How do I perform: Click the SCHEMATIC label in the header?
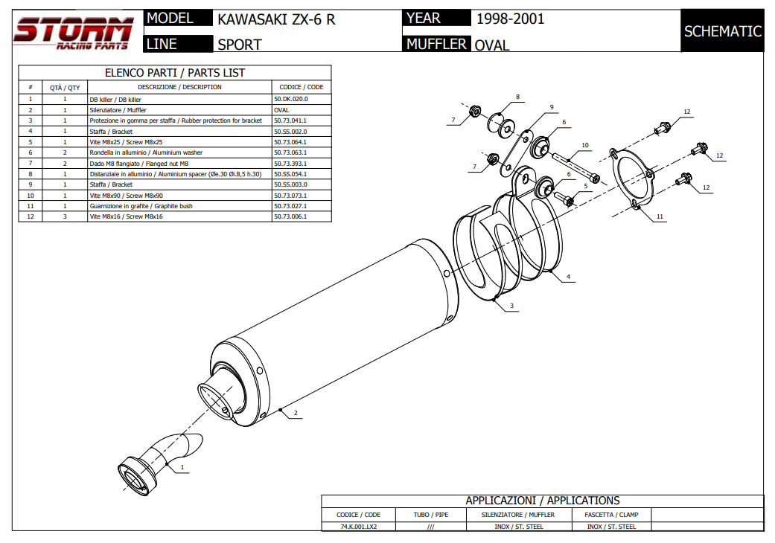[722, 31]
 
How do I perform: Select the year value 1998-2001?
[510, 19]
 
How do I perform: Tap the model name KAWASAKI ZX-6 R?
[276, 19]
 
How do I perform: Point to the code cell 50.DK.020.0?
[290, 99]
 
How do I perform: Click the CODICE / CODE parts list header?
[301, 87]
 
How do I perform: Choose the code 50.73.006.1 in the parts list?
[290, 216]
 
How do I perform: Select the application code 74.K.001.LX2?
[357, 527]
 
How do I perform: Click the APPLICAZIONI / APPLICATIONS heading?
[542, 501]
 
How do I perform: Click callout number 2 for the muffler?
[296, 413]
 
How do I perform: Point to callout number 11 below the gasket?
[660, 216]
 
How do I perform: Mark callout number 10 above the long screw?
[585, 145]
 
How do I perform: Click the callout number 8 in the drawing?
[517, 97]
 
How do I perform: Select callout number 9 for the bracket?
[552, 107]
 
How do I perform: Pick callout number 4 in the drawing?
[568, 277]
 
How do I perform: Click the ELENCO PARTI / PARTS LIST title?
[174, 73]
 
